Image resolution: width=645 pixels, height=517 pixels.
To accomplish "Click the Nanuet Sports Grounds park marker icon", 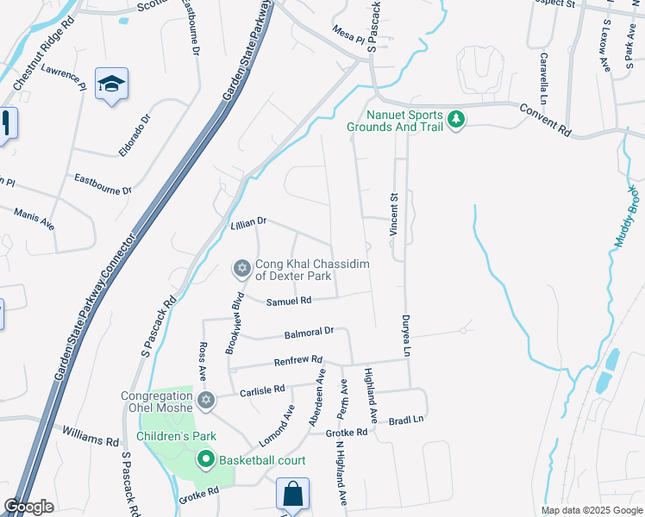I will click(x=455, y=120).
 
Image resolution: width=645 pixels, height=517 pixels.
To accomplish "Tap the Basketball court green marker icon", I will click(x=205, y=460).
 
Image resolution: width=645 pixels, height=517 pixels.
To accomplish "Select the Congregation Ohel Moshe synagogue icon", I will click(x=205, y=400).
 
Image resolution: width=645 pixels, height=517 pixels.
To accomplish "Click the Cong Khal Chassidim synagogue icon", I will click(x=242, y=270).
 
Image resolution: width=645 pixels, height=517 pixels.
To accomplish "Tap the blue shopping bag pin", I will click(x=292, y=495).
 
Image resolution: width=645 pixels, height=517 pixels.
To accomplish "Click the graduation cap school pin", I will click(x=111, y=84).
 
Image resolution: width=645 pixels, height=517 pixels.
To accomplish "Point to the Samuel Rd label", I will click(x=288, y=302).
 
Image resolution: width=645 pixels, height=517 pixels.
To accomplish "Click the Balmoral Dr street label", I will click(x=309, y=333).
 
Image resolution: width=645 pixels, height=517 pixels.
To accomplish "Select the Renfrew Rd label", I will click(x=297, y=360).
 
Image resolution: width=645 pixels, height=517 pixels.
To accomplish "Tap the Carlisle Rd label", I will click(x=264, y=389).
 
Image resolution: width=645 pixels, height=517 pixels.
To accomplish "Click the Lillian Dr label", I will click(x=249, y=222).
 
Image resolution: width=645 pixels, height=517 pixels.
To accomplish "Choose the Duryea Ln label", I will click(x=404, y=335).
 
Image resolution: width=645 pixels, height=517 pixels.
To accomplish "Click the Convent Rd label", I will click(x=546, y=120).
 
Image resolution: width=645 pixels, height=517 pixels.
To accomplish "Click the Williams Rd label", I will click(x=90, y=433).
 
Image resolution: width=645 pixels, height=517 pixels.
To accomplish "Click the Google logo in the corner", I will click(x=28, y=507).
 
